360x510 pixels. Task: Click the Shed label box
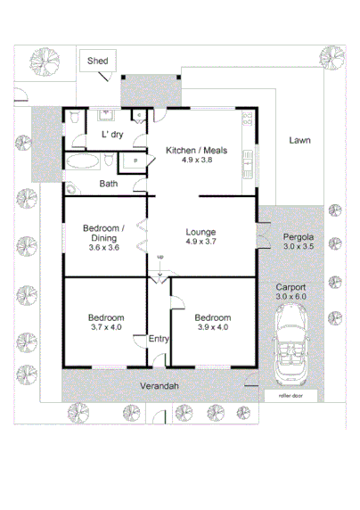coord(98,61)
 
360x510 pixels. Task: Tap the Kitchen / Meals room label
coord(196,151)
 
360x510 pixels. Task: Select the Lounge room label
coord(200,232)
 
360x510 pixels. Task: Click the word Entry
coord(158,339)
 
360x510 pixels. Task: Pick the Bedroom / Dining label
coord(103,233)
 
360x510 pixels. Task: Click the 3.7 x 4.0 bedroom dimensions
coord(104,328)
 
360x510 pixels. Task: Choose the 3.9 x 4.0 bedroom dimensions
coord(213,328)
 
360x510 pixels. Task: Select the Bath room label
coord(108,184)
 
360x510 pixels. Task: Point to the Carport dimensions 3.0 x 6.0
coord(290,297)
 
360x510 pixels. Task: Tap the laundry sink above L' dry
coord(105,115)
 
